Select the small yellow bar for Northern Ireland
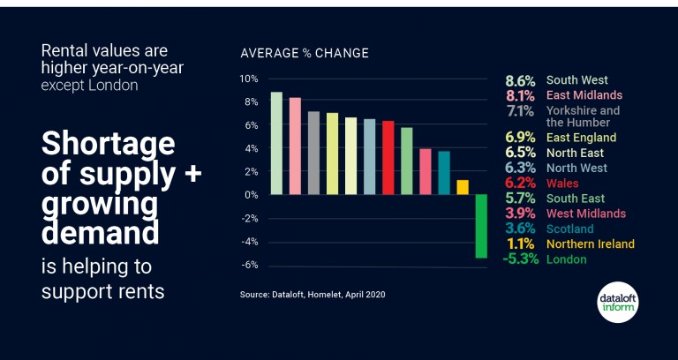(462, 187)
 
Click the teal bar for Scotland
(444, 172)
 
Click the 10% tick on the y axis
(249, 79)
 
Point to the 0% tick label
(251, 194)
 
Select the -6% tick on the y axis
(249, 266)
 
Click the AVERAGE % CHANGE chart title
(305, 53)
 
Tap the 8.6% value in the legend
(520, 80)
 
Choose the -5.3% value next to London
(520, 259)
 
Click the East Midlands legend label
(584, 95)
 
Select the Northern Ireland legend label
(590, 244)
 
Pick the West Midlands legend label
(586, 214)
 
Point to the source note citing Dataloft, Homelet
(313, 294)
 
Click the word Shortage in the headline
(108, 144)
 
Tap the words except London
(89, 86)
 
